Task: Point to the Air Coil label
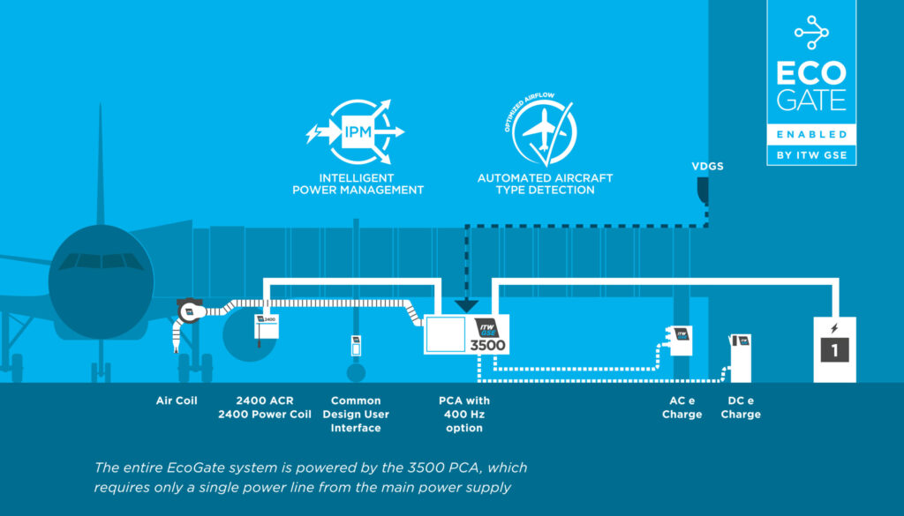176,400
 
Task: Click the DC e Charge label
740,408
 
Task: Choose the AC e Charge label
682,408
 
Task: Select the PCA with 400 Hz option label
464,414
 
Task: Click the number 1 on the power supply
833,350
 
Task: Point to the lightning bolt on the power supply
833,329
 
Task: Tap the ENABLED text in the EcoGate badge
811,134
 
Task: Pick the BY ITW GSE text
811,155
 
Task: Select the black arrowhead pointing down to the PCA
465,304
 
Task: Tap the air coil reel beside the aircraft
190,310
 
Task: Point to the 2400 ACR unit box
266,327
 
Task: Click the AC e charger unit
678,340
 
